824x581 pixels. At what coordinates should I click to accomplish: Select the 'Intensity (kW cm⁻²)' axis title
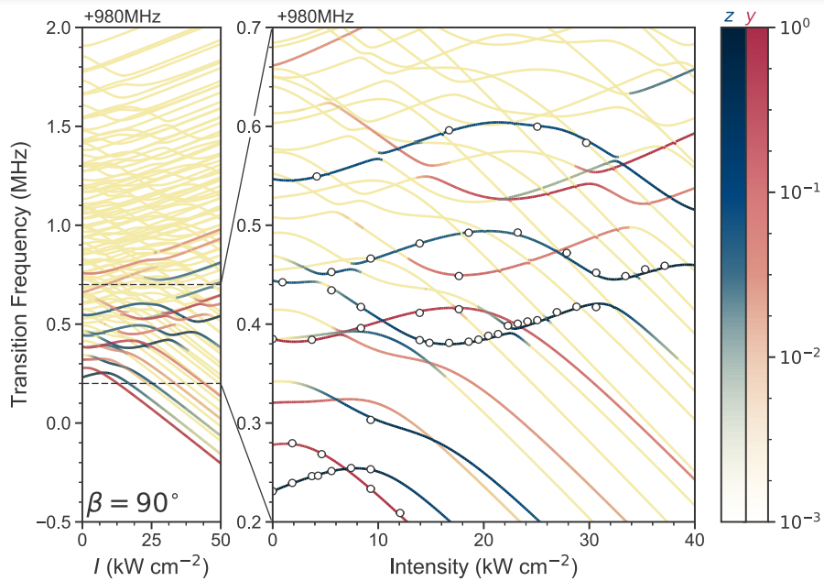click(483, 565)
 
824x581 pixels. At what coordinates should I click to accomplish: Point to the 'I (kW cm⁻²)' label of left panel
click(151, 565)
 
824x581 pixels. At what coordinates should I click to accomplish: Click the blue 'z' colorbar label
click(728, 15)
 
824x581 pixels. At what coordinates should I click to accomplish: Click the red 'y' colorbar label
click(752, 15)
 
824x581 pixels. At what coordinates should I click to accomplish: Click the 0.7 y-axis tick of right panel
click(252, 27)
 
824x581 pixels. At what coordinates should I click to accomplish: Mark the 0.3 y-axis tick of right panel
click(252, 423)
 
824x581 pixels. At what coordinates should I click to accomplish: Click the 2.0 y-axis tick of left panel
click(61, 27)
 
